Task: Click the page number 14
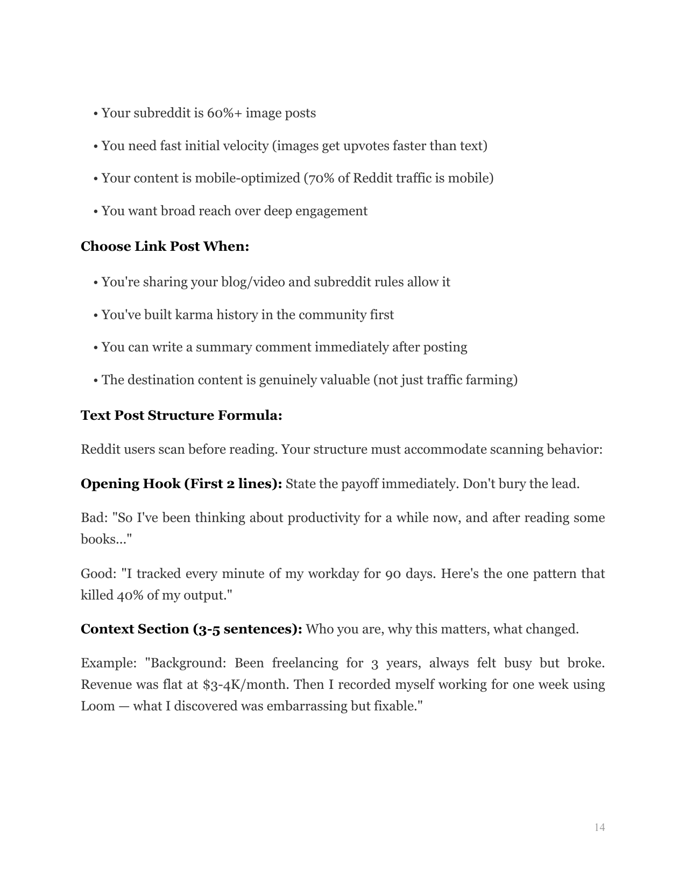tap(599, 827)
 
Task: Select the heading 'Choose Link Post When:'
tap(165, 246)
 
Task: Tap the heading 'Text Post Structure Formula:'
tap(181, 415)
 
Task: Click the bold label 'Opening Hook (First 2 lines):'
tap(181, 484)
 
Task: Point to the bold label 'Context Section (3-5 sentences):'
tap(191, 629)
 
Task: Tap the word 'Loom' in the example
tap(97, 706)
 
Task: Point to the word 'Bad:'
tap(94, 518)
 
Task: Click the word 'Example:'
tap(109, 663)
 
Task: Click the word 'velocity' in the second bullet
tap(243, 146)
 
